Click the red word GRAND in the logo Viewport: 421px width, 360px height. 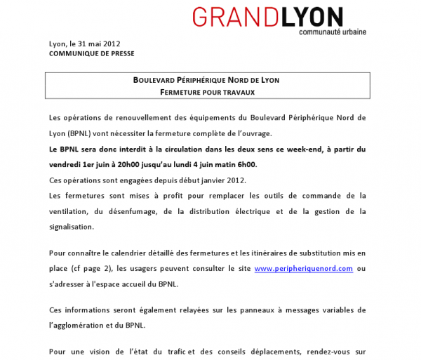click(235, 18)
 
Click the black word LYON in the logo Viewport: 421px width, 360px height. click(312, 18)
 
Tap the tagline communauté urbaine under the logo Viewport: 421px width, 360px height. click(332, 32)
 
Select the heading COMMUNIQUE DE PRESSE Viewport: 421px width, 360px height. click(92, 53)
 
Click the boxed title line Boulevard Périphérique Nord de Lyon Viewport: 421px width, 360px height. click(206, 80)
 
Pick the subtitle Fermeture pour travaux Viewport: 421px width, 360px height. click(206, 92)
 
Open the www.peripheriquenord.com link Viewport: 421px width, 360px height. click(303, 268)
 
